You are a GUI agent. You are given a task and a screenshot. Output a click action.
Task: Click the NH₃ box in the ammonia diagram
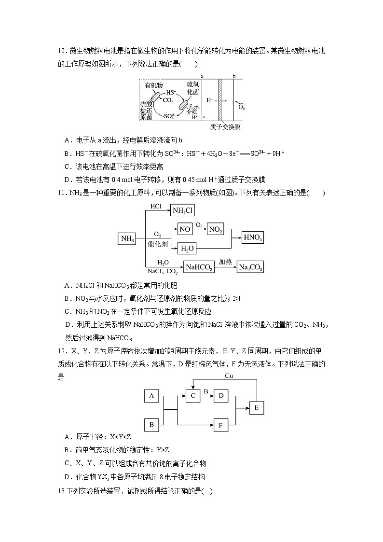click(x=127, y=238)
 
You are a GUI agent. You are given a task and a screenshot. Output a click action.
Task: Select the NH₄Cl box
click(x=183, y=210)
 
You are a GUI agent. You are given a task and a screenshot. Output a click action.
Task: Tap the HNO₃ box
click(x=253, y=237)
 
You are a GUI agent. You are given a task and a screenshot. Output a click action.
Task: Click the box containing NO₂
click(x=216, y=230)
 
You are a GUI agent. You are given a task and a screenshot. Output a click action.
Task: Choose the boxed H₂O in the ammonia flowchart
click(x=187, y=249)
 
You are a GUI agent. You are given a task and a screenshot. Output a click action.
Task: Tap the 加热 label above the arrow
click(x=225, y=261)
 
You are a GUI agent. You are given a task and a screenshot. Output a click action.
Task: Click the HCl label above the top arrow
click(x=155, y=206)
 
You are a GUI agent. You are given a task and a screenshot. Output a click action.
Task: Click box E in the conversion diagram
click(x=257, y=408)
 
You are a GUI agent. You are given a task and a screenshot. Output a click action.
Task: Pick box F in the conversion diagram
click(x=221, y=426)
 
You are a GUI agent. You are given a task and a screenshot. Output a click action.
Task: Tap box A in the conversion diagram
click(x=151, y=396)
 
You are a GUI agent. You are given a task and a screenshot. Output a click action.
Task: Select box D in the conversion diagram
click(x=221, y=396)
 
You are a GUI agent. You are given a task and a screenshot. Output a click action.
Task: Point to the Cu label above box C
click(x=230, y=375)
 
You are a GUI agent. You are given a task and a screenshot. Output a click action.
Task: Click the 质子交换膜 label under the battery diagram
click(x=225, y=127)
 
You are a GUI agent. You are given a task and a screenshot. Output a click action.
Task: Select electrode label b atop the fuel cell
click(x=234, y=76)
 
